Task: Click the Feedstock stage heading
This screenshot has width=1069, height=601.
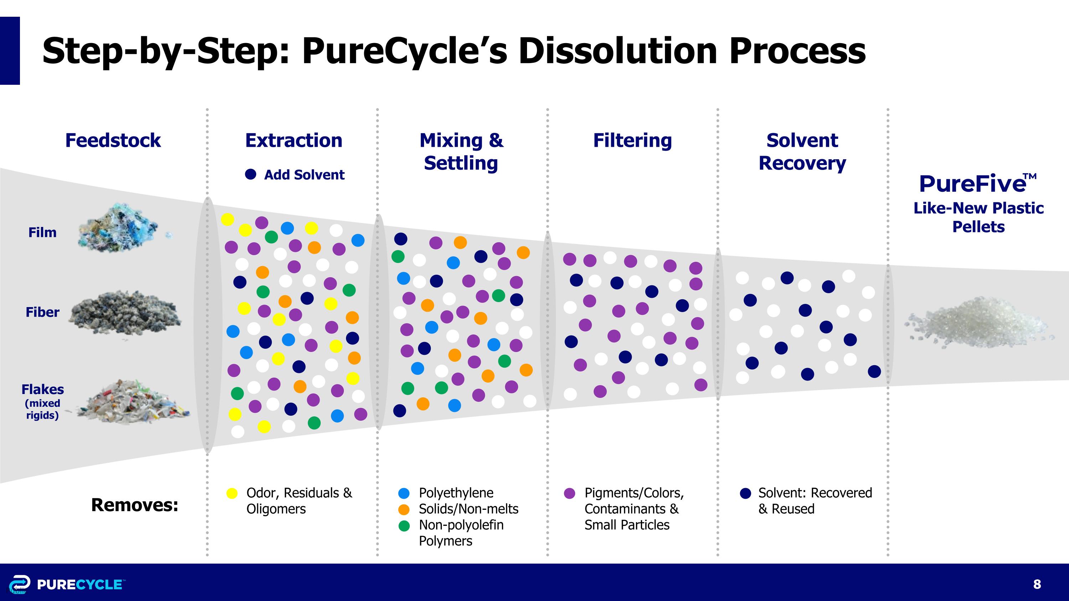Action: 113,140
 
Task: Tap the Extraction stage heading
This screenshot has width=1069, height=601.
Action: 294,140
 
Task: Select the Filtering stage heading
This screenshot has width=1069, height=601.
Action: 632,140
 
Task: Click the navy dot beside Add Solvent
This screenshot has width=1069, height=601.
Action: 251,174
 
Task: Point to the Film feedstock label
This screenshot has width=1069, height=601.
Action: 42,232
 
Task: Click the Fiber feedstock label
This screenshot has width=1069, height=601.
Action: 42,312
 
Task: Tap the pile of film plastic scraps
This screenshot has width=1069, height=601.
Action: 123,228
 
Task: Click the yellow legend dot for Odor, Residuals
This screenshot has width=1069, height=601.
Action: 232,493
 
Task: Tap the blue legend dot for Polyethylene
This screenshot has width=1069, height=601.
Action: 404,493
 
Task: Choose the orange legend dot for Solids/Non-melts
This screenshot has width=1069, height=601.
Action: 404,509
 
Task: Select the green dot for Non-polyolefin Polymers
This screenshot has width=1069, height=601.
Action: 404,525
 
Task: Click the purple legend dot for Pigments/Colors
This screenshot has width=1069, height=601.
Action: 570,493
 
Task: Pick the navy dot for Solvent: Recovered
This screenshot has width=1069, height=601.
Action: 745,493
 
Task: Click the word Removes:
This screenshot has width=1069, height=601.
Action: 134,505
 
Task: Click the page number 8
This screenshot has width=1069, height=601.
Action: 1037,584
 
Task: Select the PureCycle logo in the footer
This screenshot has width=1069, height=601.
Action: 66,584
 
